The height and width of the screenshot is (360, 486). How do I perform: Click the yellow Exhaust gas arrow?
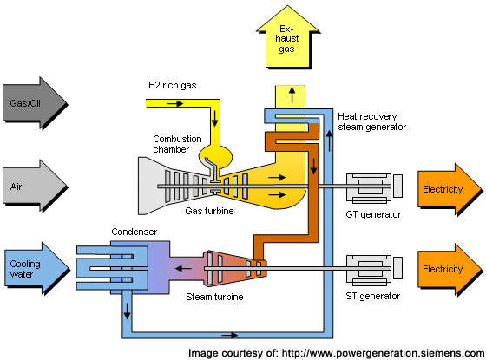(288, 39)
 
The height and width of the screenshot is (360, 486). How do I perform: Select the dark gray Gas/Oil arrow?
(34, 102)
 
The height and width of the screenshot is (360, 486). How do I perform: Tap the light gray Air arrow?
(34, 186)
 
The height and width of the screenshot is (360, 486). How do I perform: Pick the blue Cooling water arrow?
(36, 268)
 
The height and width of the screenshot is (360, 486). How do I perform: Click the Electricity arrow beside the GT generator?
(450, 189)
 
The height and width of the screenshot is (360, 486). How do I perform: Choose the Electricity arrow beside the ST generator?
(450, 269)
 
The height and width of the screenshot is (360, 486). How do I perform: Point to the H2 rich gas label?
(173, 86)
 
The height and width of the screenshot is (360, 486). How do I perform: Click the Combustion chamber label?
(177, 144)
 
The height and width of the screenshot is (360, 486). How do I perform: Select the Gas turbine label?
(209, 211)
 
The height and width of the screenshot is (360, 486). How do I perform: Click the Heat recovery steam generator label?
(372, 121)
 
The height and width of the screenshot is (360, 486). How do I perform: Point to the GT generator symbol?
(374, 188)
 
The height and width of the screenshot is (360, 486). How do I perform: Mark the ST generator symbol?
(374, 270)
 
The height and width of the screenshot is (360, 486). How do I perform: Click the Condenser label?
(135, 232)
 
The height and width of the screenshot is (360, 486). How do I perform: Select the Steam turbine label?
(214, 297)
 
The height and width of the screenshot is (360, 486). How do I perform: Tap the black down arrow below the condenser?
(127, 311)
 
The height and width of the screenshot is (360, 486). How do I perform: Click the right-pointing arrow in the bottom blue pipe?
(230, 335)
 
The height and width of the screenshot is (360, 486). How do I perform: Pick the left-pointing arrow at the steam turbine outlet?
(183, 268)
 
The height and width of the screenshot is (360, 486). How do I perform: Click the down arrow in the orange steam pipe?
(313, 167)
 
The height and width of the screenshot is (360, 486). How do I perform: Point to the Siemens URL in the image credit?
(383, 353)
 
